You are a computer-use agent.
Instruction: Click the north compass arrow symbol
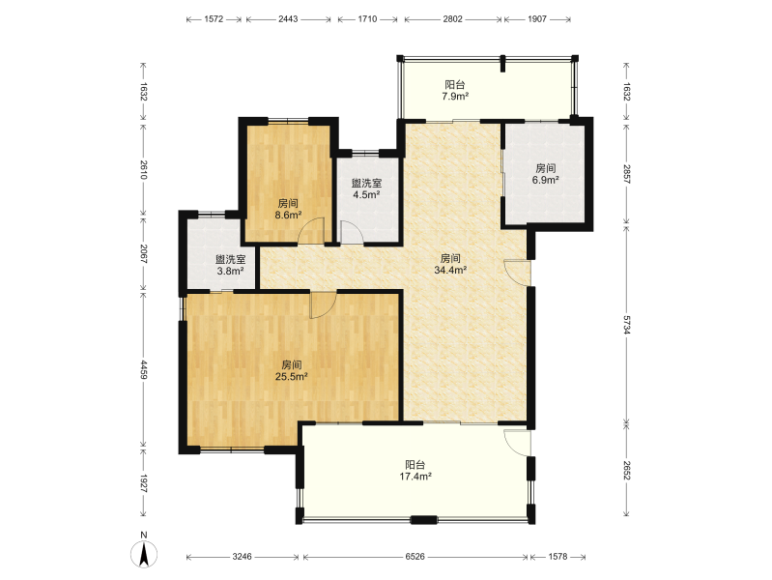click(144, 554)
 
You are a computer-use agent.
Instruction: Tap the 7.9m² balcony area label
click(455, 97)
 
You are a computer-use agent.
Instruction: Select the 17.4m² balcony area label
click(415, 477)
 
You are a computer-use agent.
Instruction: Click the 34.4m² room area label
click(450, 270)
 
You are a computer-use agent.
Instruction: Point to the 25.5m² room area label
click(292, 377)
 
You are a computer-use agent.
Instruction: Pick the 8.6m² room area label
click(288, 216)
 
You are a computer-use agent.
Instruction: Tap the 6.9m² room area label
click(546, 181)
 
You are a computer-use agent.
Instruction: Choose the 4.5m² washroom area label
click(366, 194)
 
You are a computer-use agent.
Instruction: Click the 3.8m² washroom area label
click(230, 271)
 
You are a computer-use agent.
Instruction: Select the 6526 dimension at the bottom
click(415, 557)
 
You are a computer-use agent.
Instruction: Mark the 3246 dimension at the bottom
click(242, 557)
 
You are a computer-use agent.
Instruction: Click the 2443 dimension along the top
click(288, 19)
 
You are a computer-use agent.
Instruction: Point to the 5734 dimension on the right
click(626, 325)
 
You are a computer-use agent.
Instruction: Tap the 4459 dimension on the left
click(143, 369)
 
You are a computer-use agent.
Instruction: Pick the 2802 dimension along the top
click(452, 19)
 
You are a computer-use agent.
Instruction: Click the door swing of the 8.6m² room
click(312, 230)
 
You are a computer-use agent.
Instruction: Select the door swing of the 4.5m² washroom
click(352, 232)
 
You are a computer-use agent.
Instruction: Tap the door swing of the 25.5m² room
click(323, 305)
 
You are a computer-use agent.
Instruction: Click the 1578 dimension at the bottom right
click(558, 557)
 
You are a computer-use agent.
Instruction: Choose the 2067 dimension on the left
click(143, 254)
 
